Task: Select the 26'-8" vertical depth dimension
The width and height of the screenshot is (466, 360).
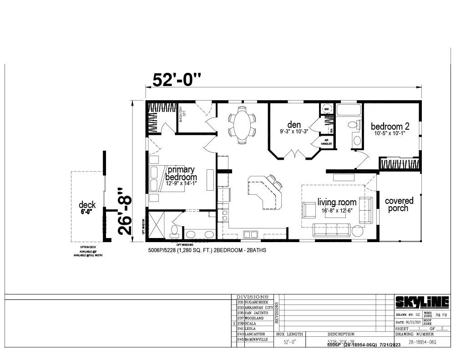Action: pyautogui.click(x=125, y=211)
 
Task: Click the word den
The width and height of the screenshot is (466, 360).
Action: pyautogui.click(x=294, y=124)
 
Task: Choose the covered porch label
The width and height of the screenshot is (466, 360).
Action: pyautogui.click(x=399, y=204)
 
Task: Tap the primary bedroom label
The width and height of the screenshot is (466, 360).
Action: pyautogui.click(x=181, y=173)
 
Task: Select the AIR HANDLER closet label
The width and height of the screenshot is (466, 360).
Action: pyautogui.click(x=326, y=142)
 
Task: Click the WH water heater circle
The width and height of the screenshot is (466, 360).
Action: pyautogui.click(x=326, y=109)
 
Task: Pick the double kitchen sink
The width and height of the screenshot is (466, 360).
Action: pyautogui.click(x=250, y=234)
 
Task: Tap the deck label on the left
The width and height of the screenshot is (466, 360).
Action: pyautogui.click(x=87, y=205)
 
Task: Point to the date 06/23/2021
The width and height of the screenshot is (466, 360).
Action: pyautogui.click(x=409, y=322)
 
